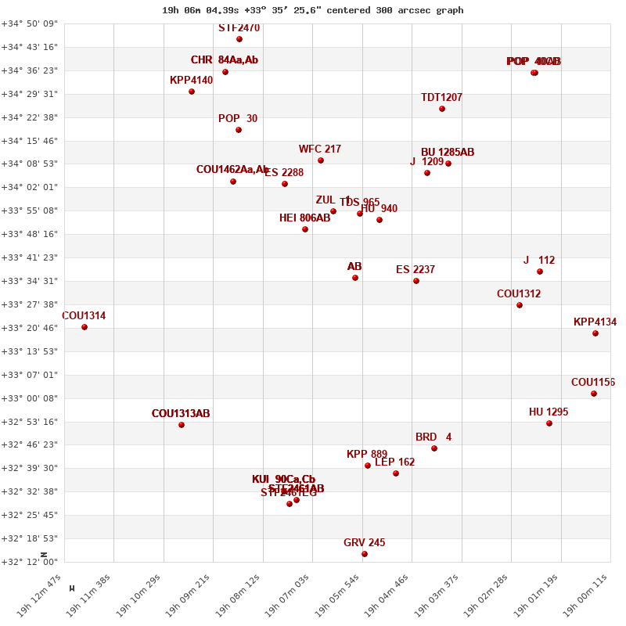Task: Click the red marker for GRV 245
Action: click(365, 554)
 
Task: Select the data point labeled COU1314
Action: click(85, 327)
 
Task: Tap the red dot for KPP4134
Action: click(595, 333)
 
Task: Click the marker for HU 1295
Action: click(549, 423)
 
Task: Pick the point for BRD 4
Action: click(434, 448)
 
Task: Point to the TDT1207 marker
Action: click(442, 109)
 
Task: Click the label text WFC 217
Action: click(320, 149)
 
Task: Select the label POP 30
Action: click(238, 119)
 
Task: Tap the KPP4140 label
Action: click(191, 81)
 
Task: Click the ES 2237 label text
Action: click(416, 270)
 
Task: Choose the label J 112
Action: click(539, 261)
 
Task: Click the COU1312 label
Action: click(519, 294)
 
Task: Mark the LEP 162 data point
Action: click(396, 473)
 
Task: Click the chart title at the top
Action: click(313, 10)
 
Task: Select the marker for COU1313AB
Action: click(182, 425)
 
